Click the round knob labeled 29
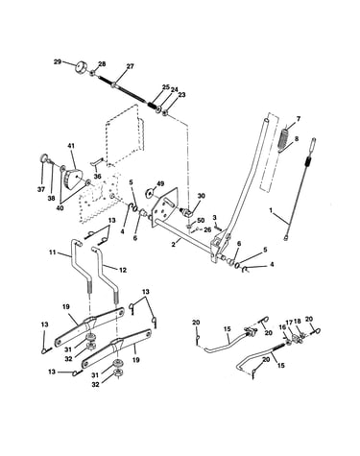83,68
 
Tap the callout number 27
130,66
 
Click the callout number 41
71,146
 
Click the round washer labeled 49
150,192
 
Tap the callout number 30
202,196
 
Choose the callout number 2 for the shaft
173,245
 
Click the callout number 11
53,252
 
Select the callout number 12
123,270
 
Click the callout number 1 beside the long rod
271,210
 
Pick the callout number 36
97,176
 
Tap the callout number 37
41,190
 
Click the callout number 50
201,220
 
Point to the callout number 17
289,322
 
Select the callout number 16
282,326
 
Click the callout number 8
297,139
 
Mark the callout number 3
215,218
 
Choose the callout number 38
51,199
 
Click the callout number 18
298,321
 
